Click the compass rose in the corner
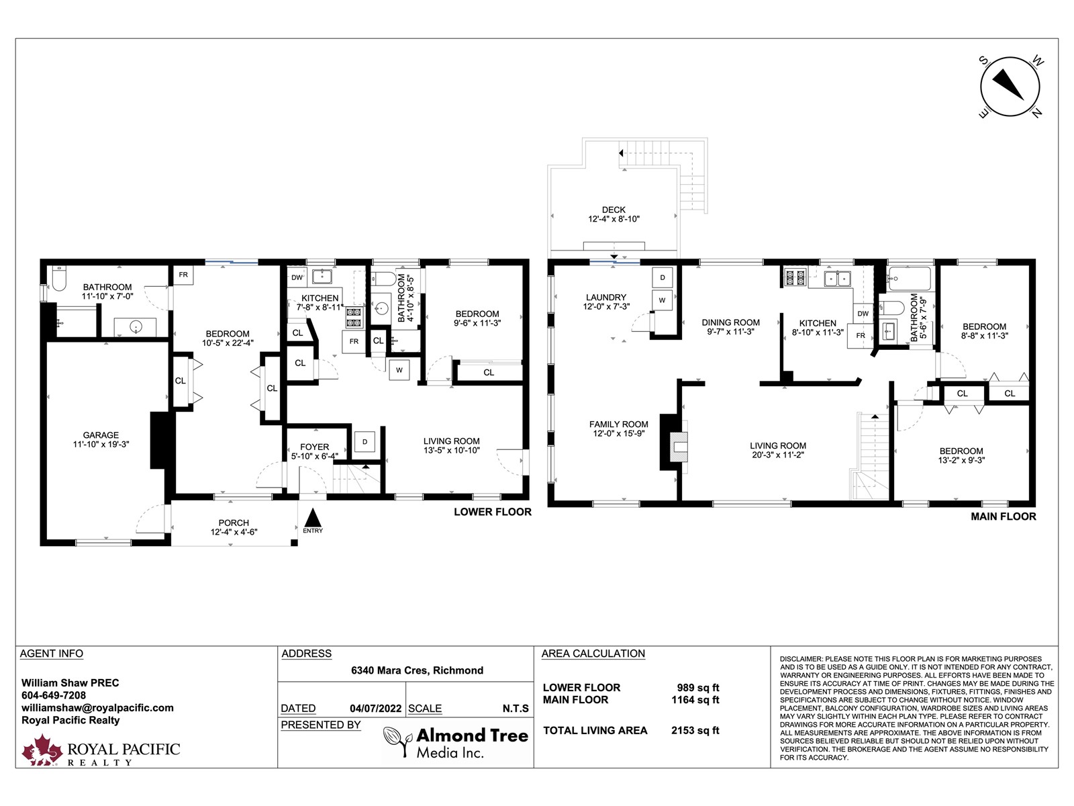1010,87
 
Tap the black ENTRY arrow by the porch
313,518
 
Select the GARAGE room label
101,435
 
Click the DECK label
614,210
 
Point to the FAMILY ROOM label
618,424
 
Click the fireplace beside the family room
675,443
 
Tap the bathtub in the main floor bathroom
909,279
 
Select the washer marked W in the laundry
662,300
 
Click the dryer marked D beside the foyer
364,442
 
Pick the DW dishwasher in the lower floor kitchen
297,277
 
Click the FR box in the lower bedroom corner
183,275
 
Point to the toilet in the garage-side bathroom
58,279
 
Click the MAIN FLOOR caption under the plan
1003,517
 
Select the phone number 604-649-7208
53,695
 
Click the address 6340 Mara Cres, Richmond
417,670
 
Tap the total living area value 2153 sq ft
695,731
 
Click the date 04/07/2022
375,709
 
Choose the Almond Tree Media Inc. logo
456,742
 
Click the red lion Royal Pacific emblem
42,750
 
